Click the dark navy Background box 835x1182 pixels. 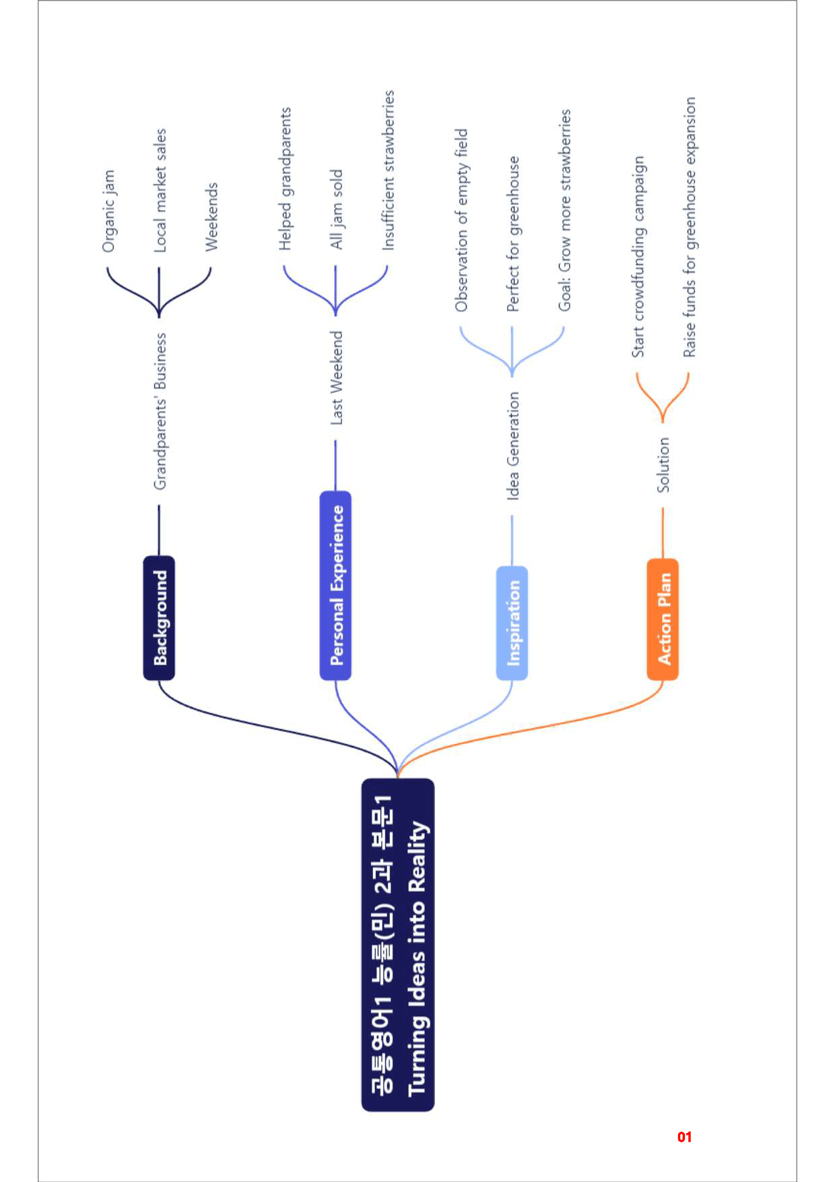[x=159, y=618]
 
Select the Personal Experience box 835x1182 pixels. [x=335, y=585]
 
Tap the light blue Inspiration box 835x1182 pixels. [x=512, y=623]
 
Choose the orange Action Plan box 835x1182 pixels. [x=663, y=619]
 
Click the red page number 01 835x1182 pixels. [x=684, y=1137]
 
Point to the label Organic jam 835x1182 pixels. [x=108, y=212]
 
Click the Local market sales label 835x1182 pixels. [x=160, y=191]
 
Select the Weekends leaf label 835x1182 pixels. [x=211, y=217]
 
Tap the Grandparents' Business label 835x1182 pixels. [x=160, y=411]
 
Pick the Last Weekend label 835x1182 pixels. [x=336, y=378]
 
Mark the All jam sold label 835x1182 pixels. [x=337, y=210]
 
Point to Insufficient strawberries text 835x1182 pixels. [x=388, y=170]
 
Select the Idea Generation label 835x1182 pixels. [x=512, y=446]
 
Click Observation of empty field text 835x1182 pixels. [x=461, y=220]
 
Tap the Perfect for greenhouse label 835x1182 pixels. [x=513, y=234]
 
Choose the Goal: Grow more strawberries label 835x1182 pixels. [x=564, y=210]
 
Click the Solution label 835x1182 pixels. [x=663, y=464]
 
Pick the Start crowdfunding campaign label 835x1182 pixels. [x=638, y=257]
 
